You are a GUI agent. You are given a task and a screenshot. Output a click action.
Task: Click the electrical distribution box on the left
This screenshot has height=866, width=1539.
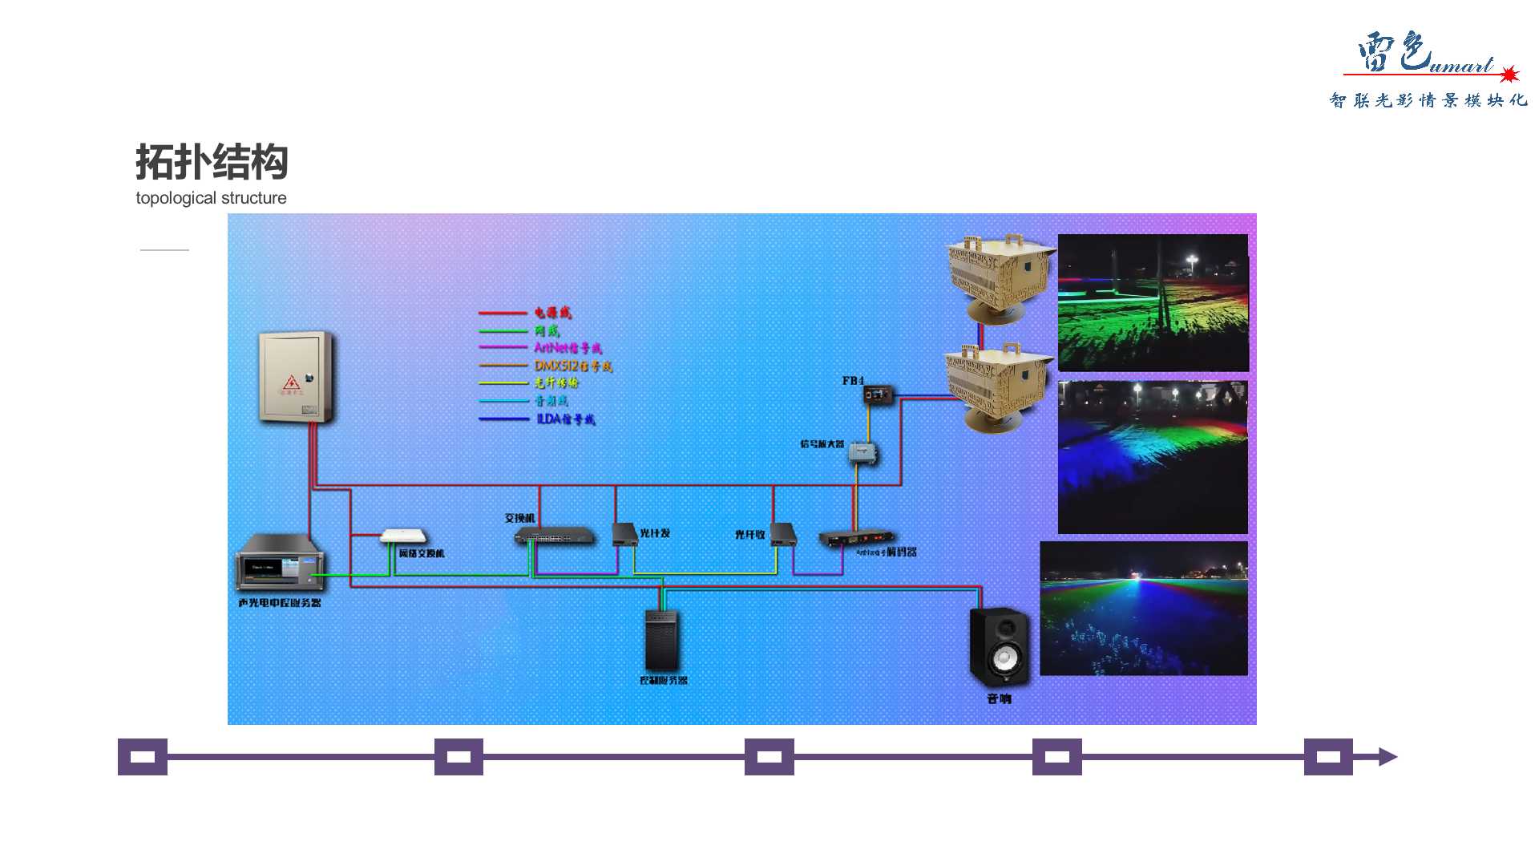[x=295, y=376]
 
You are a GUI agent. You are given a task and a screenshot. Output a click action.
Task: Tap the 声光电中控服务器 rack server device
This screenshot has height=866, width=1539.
[x=279, y=562]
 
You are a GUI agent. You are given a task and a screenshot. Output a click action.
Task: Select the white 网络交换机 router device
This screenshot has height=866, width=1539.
[x=404, y=536]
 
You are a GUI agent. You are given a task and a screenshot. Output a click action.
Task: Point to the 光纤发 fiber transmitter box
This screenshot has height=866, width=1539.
[x=624, y=534]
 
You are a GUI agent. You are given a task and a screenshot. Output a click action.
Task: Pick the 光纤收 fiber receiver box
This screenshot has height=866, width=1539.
[x=783, y=534]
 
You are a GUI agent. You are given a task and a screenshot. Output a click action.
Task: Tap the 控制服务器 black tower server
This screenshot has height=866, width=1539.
[x=662, y=640]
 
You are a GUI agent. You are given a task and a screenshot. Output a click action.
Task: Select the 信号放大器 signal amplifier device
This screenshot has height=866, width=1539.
[x=863, y=453]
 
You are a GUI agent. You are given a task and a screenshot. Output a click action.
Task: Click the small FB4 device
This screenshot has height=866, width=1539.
[x=879, y=394]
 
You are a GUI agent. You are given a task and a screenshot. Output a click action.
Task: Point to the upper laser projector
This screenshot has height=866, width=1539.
[x=1000, y=277]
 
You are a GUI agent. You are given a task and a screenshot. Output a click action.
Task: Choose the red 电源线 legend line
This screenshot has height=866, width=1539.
[x=503, y=313]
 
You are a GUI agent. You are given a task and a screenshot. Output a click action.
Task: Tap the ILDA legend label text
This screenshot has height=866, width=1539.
[x=566, y=419]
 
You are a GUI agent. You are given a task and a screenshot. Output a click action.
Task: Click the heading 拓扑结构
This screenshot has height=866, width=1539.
[x=212, y=162]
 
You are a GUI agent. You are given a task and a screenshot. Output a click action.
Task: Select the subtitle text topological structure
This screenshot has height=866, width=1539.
[x=211, y=198]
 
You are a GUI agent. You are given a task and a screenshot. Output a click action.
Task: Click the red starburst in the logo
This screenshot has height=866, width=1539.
[x=1509, y=75]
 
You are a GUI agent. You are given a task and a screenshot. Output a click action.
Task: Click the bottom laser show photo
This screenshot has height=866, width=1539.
[x=1143, y=608]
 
